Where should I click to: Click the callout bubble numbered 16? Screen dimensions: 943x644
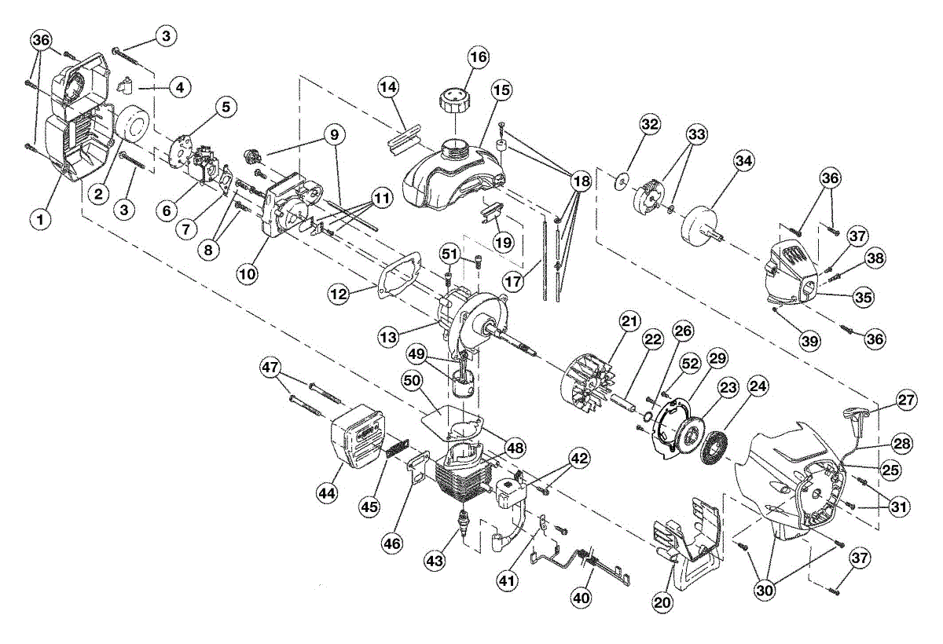click(x=479, y=57)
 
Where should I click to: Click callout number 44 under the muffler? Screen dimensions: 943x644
click(x=328, y=492)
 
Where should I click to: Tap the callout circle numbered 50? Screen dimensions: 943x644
click(x=412, y=381)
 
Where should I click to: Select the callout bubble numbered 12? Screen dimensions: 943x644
click(x=339, y=294)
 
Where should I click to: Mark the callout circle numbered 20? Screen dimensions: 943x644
click(x=662, y=602)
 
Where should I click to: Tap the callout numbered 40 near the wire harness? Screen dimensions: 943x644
click(x=582, y=598)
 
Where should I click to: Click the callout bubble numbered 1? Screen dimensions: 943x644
click(x=41, y=219)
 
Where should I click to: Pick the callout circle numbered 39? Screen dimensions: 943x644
click(x=810, y=341)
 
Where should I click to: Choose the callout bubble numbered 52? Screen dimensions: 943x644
click(x=690, y=364)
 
